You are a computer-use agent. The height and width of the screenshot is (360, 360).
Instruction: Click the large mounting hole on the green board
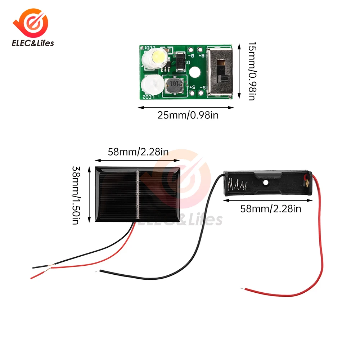pyautogui.click(x=195, y=72)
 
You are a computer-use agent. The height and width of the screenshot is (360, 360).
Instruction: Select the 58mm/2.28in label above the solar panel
pyautogui.click(x=138, y=152)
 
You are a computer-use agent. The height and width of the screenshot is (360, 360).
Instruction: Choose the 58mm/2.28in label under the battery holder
pyautogui.click(x=271, y=208)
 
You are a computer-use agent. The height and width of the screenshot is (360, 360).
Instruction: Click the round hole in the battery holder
pyautogui.click(x=266, y=183)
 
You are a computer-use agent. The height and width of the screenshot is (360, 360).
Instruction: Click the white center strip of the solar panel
pyautogui.click(x=138, y=194)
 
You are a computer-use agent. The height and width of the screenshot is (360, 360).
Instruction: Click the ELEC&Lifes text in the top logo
pyautogui.click(x=33, y=43)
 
